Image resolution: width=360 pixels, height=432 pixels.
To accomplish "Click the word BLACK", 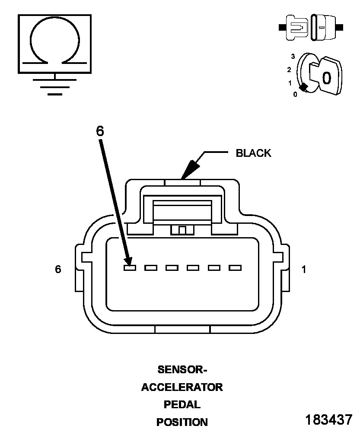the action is coord(253,153).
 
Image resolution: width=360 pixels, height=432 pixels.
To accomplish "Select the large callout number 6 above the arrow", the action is coord(100,131).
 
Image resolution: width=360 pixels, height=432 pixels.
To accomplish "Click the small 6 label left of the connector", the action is coord(58,269).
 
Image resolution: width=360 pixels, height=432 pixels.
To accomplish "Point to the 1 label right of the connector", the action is coord(304,270).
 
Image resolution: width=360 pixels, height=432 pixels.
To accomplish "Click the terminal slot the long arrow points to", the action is coord(130,268).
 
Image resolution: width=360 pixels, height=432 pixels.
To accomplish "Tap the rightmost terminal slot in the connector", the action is coord(235,268).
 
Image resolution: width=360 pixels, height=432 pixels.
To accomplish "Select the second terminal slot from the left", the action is coord(151,268).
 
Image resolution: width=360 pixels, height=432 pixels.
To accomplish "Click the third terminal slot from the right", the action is coord(193,268).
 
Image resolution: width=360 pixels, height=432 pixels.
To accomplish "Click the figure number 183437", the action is coord(328,419).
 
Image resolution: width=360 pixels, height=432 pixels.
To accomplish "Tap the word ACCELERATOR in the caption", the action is coord(182,387).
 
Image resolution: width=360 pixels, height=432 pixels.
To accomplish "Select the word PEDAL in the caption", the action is coord(182,404).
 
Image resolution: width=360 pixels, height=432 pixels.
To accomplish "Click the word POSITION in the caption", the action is coord(182,422).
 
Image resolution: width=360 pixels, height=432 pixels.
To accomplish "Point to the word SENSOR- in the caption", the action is coord(182,369).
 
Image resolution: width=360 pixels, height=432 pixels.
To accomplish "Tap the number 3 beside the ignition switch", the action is coord(293,57).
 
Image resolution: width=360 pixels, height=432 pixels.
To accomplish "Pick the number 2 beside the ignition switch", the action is coord(289,70).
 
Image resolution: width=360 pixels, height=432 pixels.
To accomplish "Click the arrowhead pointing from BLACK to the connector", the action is coord(190,170).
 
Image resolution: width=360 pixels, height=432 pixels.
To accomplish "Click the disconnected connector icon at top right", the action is coord(311,28).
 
